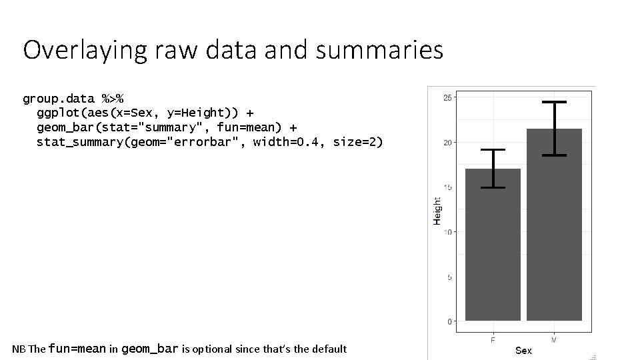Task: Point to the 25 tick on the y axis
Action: (x=448, y=98)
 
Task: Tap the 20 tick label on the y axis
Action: (x=448, y=143)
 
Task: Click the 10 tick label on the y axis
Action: (x=448, y=233)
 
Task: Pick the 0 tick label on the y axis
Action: (x=450, y=322)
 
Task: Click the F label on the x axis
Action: (x=493, y=340)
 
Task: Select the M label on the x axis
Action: (x=554, y=340)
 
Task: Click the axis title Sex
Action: (x=523, y=351)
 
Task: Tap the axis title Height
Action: (x=437, y=210)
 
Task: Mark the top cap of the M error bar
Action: (x=554, y=102)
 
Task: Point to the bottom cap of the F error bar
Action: (x=493, y=187)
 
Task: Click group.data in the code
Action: (x=59, y=99)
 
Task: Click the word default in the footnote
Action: (x=325, y=349)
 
